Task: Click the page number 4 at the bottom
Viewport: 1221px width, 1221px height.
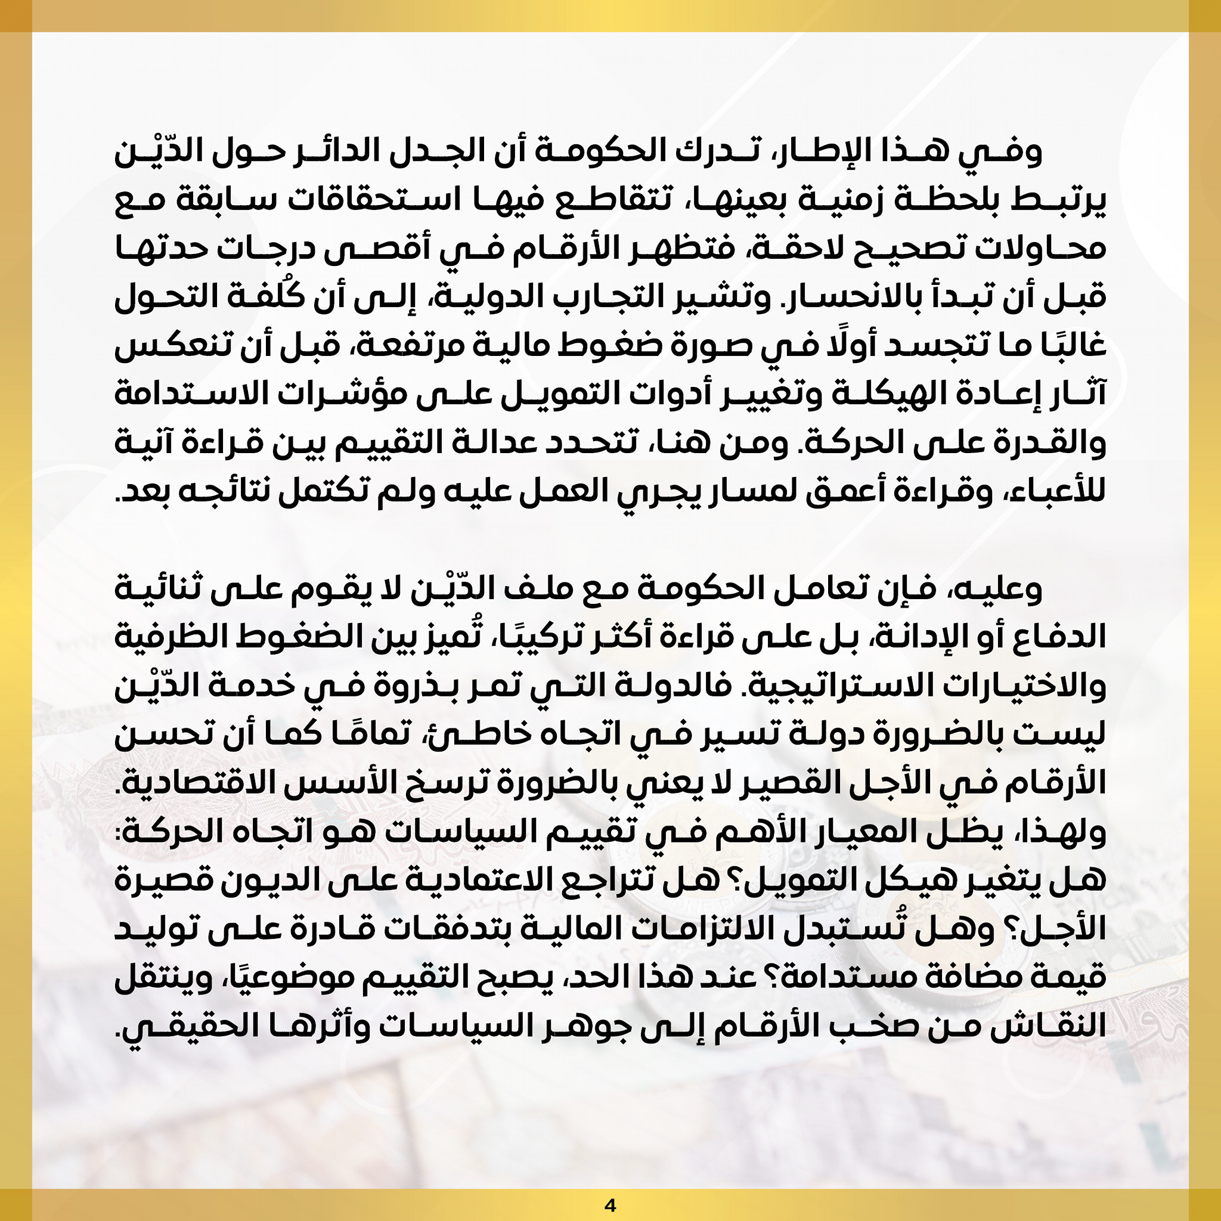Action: tap(610, 1205)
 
